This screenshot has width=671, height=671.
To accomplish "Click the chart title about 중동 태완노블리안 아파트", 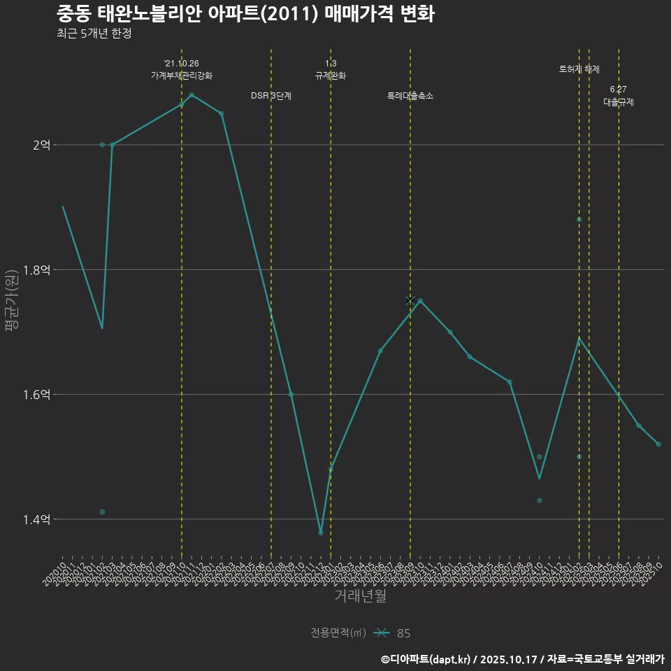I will (x=245, y=14).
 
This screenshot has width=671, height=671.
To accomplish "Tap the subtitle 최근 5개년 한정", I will (x=94, y=33).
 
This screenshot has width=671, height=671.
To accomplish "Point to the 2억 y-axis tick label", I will (x=41, y=145).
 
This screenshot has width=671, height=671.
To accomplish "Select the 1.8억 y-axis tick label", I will (x=38, y=270).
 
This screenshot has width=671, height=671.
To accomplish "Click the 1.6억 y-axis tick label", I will (x=38, y=394).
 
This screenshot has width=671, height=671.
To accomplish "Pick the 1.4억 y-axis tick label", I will (x=38, y=519).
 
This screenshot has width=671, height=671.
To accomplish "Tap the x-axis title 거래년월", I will (x=360, y=596).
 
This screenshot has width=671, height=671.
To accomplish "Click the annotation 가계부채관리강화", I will (x=182, y=75).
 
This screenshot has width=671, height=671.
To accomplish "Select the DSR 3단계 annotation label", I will (x=271, y=96).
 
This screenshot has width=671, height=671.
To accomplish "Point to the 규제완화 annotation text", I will (x=331, y=75).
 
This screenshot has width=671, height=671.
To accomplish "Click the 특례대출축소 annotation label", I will (x=410, y=96).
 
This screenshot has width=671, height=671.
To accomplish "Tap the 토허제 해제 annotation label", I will (x=579, y=69).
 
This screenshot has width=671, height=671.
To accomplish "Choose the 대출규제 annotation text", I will (x=619, y=102).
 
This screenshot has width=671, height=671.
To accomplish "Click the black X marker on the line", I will (x=410, y=301).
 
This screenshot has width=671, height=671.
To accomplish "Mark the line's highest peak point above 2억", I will (x=192, y=94).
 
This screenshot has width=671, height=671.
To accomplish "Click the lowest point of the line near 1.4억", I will (x=321, y=533).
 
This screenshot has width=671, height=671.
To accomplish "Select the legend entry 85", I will (x=403, y=633).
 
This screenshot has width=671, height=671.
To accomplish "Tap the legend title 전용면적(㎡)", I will (x=338, y=633).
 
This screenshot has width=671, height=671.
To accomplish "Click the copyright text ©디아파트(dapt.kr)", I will (x=426, y=659).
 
